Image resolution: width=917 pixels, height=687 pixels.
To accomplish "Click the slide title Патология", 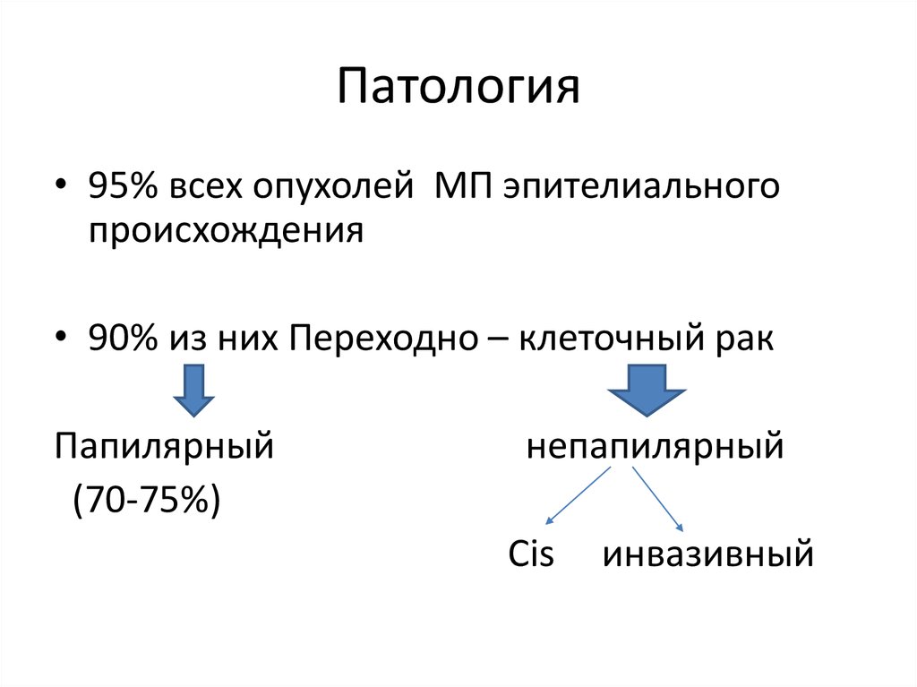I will click(x=458, y=89).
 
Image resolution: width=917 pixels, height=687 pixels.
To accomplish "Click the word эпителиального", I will click(x=642, y=189).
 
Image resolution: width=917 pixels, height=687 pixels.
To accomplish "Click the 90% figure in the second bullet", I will click(x=118, y=339).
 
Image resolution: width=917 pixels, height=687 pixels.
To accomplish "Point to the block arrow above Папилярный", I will click(x=193, y=390).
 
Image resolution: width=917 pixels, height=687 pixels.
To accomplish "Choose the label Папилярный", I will click(x=164, y=445).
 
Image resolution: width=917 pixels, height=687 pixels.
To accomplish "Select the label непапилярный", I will click(x=655, y=445).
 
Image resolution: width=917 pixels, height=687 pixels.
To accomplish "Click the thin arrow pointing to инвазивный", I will click(x=658, y=499).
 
